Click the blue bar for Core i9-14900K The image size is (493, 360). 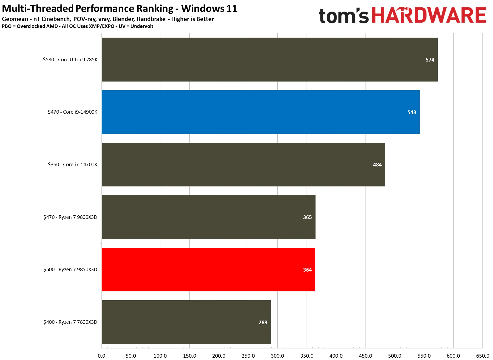(x=260, y=112)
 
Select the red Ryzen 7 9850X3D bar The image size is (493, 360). (x=208, y=270)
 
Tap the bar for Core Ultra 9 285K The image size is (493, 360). (x=270, y=59)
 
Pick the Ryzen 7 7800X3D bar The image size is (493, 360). (x=186, y=322)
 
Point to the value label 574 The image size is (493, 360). (x=430, y=60)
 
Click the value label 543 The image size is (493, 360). (x=412, y=112)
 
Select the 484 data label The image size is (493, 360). (x=377, y=165)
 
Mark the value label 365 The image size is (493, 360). (x=307, y=217)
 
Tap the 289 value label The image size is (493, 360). (x=263, y=322)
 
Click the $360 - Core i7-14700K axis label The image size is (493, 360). (x=73, y=165)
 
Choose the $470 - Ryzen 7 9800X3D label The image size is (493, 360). (x=70, y=217)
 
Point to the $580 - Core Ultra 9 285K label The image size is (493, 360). (x=70, y=60)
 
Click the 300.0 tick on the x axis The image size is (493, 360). (x=277, y=356)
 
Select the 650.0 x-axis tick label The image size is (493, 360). (x=482, y=356)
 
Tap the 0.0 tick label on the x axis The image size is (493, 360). (x=101, y=356)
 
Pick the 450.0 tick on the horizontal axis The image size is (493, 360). (x=365, y=356)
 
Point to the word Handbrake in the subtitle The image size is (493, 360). (x=151, y=19)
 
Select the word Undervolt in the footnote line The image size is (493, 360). (x=142, y=26)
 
